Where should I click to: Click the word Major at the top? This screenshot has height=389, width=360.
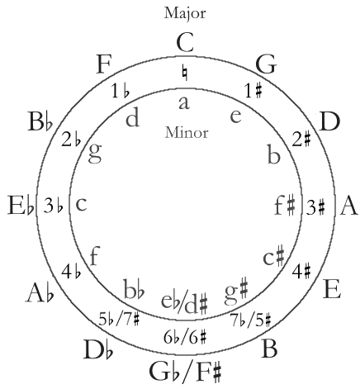point(185,13)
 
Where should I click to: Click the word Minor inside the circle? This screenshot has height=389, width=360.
point(187,132)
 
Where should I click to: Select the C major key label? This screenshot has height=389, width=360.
point(185,43)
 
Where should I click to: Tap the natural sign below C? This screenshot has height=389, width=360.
point(185,73)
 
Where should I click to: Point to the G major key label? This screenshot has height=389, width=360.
point(266,65)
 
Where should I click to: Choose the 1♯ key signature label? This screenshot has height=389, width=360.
point(253,91)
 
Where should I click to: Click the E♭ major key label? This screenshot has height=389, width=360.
point(21,205)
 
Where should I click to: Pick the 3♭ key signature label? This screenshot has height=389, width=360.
point(54,205)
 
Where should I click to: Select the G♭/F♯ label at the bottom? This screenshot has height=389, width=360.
point(185,372)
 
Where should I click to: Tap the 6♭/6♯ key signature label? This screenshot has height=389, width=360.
point(185,337)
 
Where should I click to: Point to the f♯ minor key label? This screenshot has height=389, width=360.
point(285,205)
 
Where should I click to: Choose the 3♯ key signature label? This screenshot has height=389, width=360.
point(315,207)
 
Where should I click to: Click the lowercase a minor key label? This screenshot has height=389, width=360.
point(184,103)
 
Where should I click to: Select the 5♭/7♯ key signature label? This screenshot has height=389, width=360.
point(119,320)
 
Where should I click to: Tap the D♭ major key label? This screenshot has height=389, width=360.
point(98,349)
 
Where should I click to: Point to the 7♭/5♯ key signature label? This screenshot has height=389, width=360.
point(251,320)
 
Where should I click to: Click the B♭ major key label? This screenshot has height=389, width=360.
point(40,121)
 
